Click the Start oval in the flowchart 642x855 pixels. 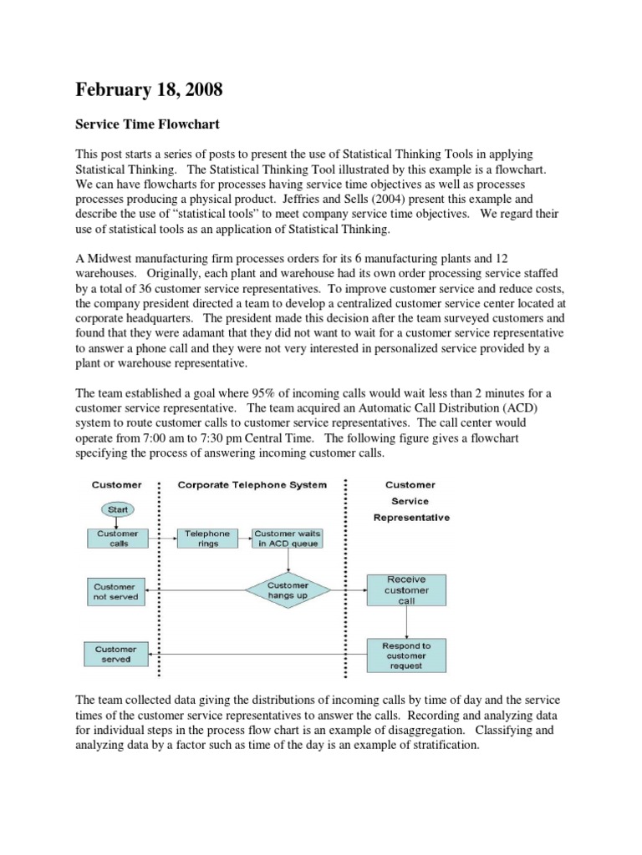coord(117,508)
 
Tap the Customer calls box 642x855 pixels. coord(117,539)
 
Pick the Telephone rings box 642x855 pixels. coord(206,539)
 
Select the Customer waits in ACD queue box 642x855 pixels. coord(287,539)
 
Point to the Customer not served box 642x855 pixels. coord(116,591)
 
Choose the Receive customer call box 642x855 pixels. coord(407,590)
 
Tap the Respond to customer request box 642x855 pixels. coord(406,655)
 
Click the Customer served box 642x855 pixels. coord(116,655)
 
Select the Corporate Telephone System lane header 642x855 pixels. coord(252,485)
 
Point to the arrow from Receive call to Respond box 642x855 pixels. coord(407,622)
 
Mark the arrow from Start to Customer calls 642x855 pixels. coord(117,522)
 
